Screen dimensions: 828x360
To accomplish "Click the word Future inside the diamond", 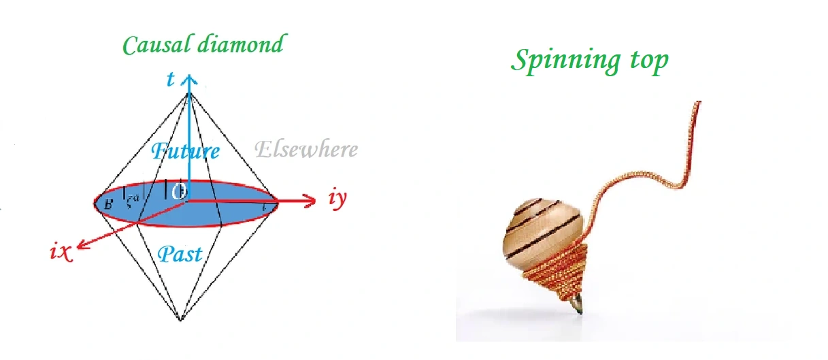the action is tap(185, 150).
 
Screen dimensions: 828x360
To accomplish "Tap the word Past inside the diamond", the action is tap(180, 254).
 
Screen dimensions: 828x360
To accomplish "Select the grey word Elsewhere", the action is tap(305, 149).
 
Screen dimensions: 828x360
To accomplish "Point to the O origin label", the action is tap(180, 192).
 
